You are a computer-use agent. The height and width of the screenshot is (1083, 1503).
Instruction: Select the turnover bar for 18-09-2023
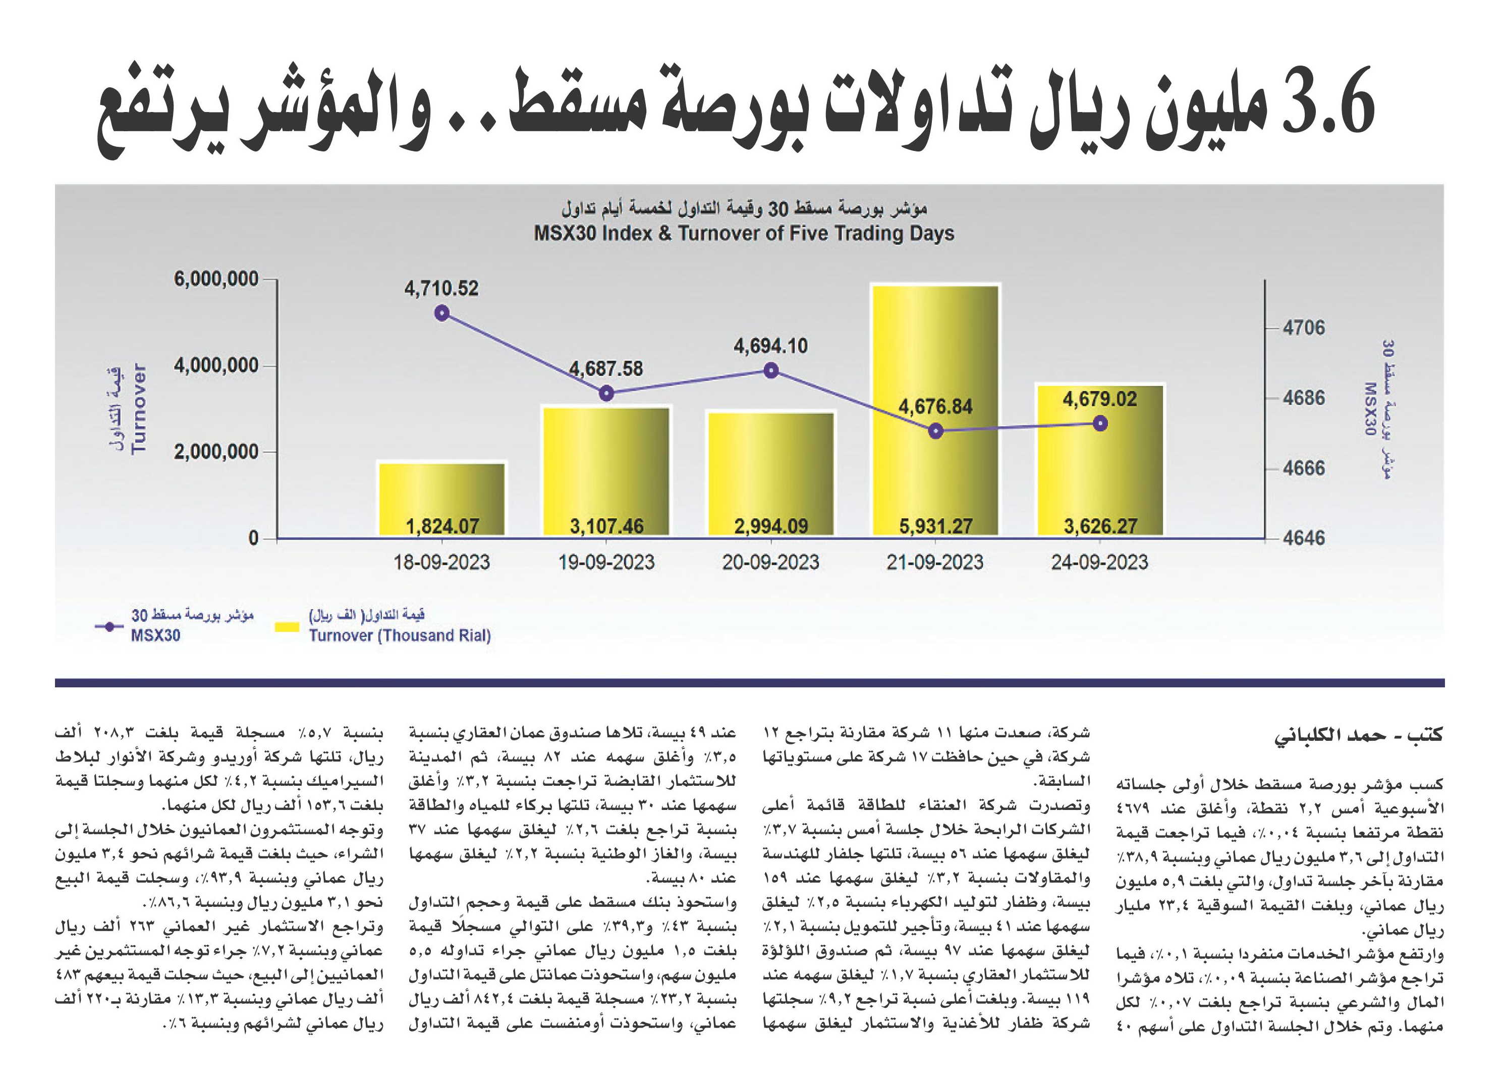441,499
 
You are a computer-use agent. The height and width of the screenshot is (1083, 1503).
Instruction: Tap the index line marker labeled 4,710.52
441,313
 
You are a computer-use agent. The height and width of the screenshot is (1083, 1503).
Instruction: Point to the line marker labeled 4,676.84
935,431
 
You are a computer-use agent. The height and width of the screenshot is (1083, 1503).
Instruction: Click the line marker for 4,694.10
771,370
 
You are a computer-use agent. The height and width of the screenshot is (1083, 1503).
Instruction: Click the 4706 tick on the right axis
1304,328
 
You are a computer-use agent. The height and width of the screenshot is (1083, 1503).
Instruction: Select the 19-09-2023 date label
606,562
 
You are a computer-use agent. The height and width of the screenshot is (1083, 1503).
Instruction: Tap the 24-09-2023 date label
1099,562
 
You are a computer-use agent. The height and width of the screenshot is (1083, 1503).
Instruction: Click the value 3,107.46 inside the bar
606,526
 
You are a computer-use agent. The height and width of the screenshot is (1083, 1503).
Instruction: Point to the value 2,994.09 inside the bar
771,526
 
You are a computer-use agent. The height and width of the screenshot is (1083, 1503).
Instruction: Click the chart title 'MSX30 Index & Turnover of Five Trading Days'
744,233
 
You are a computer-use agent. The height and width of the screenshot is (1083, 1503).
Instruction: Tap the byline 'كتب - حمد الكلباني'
1359,735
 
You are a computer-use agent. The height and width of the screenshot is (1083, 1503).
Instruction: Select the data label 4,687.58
606,368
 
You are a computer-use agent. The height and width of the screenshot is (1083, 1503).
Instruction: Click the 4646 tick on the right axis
1304,537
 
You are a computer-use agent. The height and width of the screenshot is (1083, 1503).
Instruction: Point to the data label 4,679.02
1099,399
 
